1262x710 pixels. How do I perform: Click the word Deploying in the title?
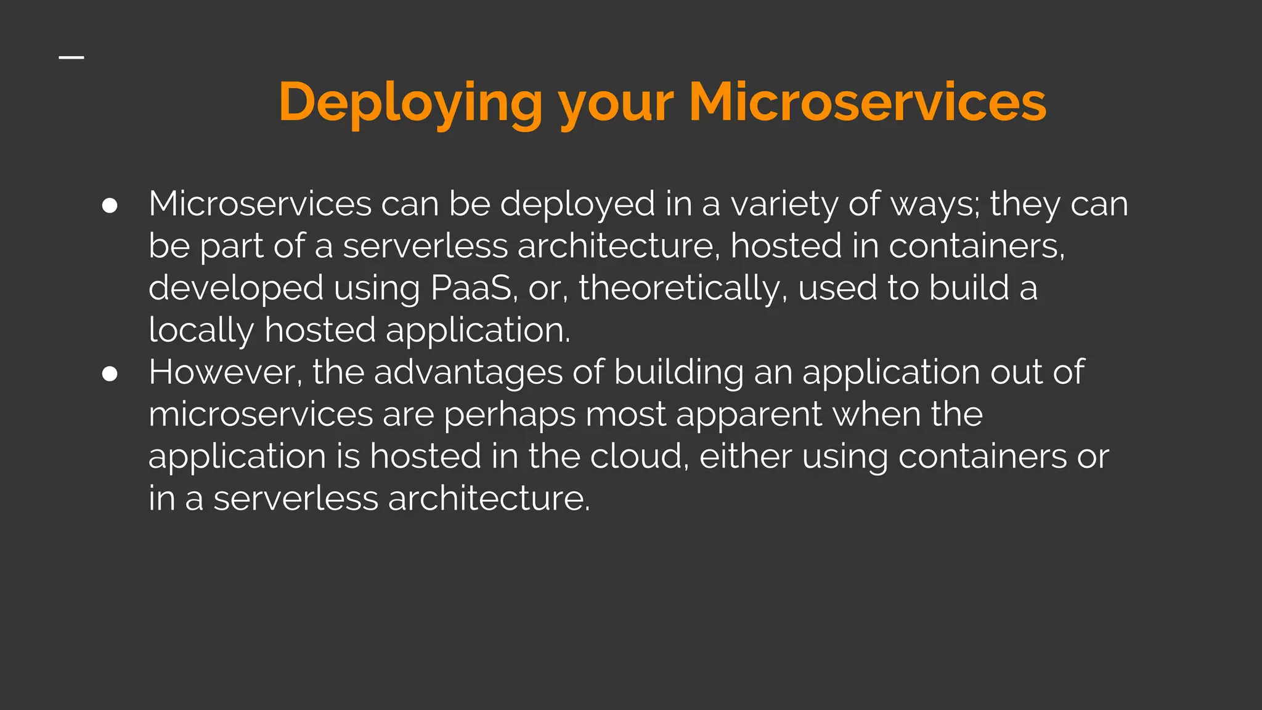410,102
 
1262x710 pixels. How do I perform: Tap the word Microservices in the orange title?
867,102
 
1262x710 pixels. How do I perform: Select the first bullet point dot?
110,205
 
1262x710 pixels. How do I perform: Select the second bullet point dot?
110,373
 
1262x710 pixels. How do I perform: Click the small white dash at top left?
71,57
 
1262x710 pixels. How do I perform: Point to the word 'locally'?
201,330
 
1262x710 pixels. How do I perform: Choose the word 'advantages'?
468,373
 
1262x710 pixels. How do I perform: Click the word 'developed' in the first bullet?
236,288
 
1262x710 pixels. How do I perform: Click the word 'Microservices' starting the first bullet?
260,204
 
